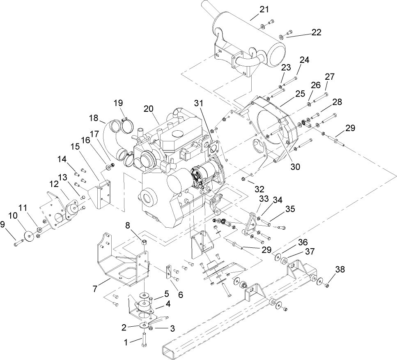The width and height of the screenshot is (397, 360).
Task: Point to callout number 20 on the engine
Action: coord(149,108)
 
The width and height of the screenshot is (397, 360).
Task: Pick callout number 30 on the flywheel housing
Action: coord(296,166)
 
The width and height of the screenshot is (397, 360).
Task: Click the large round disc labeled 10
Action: coord(29,237)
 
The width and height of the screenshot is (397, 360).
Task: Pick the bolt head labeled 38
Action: coord(327,284)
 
